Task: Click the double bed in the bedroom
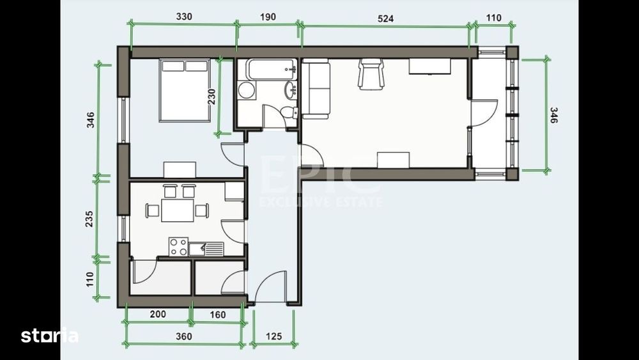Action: [x=185, y=90]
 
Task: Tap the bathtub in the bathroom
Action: [x=271, y=69]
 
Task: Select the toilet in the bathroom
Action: [x=289, y=112]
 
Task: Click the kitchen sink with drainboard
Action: [x=206, y=249]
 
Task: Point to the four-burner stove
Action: [x=178, y=247]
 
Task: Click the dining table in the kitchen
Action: [x=177, y=210]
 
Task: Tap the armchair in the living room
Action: [x=371, y=74]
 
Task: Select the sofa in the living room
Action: [x=316, y=89]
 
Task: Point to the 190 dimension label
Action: [x=268, y=17]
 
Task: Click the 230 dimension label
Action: [x=212, y=97]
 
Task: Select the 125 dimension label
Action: [x=274, y=336]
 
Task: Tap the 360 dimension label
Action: [x=184, y=336]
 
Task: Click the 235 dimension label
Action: [x=89, y=219]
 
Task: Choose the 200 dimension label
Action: [x=158, y=314]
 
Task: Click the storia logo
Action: [x=49, y=335]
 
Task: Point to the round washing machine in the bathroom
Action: [x=246, y=90]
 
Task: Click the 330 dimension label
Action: [x=184, y=17]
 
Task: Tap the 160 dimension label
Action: [x=217, y=315]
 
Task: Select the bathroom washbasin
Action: [x=291, y=90]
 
